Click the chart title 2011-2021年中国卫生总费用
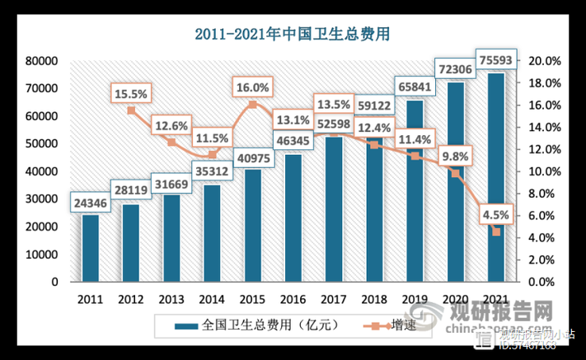293,34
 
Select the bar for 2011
91,248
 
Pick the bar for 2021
495,177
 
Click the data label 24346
90,201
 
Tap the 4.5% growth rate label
495,215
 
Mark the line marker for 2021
495,232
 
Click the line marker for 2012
131,110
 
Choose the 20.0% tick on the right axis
544,61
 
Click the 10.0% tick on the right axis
544,171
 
